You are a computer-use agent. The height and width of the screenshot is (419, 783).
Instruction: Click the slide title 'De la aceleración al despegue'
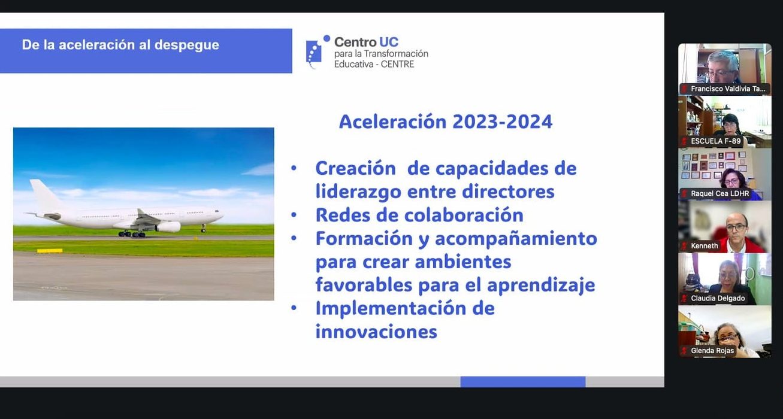point(120,45)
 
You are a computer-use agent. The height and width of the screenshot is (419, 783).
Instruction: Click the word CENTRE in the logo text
point(397,64)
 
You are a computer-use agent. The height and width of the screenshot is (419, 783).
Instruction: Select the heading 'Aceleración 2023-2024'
point(446,122)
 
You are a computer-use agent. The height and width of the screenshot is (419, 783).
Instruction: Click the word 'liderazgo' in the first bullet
point(358,192)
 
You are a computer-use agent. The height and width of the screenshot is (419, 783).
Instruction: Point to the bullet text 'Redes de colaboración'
point(419,215)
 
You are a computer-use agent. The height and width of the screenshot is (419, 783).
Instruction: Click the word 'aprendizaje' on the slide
point(541,286)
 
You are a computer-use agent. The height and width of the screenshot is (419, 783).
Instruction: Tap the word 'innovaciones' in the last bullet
point(376,332)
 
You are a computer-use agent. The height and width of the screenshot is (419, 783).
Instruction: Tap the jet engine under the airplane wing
point(168,227)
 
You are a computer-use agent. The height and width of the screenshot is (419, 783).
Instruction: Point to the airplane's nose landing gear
point(203,229)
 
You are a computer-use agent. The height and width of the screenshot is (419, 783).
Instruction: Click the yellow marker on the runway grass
point(50,251)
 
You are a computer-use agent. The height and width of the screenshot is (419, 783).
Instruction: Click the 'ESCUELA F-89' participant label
point(715,141)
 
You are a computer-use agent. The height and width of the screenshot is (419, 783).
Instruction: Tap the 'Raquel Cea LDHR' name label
point(719,194)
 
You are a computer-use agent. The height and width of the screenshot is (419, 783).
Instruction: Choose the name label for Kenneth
point(704,246)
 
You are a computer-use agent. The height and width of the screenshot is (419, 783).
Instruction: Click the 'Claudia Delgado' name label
point(718,299)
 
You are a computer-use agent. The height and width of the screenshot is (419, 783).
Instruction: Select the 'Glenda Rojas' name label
point(712,351)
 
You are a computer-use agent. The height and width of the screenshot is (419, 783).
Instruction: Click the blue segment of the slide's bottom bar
point(522,382)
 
